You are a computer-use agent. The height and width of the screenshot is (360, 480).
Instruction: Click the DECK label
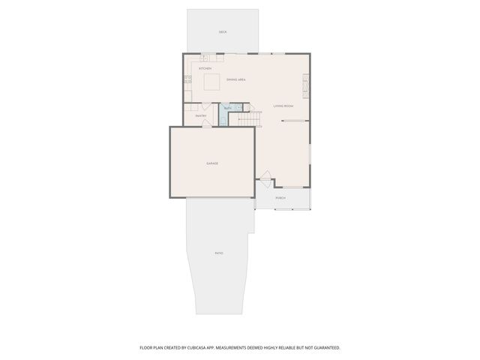coord(223,32)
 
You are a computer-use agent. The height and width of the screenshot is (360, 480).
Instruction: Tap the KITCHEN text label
coord(205,68)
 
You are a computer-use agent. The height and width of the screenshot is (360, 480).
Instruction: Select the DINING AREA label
coord(236,79)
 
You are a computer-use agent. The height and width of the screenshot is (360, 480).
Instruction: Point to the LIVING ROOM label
coord(283,106)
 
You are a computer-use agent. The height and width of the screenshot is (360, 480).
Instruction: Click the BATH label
coord(227,109)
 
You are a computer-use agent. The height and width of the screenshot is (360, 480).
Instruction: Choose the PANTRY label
coord(201,115)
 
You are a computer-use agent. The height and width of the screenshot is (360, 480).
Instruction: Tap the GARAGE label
coord(212,163)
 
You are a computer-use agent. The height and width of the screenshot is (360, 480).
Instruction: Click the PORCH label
coord(280,198)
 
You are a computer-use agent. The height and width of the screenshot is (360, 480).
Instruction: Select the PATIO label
coord(219,253)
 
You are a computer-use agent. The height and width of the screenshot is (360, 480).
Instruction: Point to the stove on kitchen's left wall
coord(187,78)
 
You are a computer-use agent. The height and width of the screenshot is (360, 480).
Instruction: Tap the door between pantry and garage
coord(208,125)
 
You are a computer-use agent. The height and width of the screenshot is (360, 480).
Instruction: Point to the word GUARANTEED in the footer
coord(325,348)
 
